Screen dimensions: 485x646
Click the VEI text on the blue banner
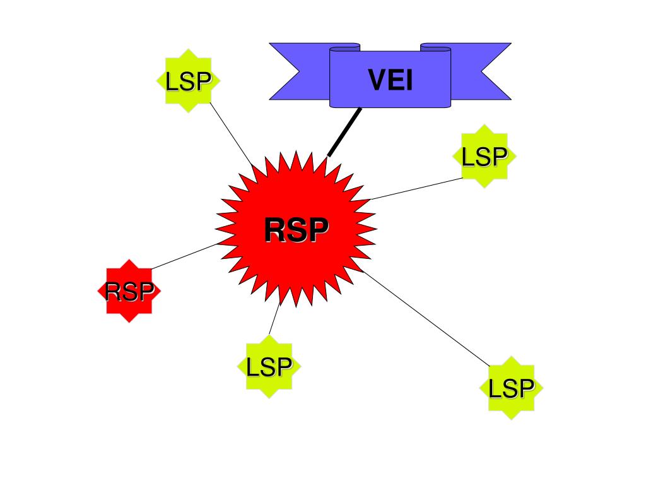click(391, 80)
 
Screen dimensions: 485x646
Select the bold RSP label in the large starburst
click(296, 230)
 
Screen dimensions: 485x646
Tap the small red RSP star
click(129, 291)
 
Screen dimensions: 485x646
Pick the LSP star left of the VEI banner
click(187, 81)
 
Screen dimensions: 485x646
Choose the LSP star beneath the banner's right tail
click(484, 156)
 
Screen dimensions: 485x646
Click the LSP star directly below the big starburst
click(269, 366)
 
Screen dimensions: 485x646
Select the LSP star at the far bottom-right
click(511, 388)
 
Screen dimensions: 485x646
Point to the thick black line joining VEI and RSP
click(344, 132)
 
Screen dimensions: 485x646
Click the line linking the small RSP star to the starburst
click(183, 256)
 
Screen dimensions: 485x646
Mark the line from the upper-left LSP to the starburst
click(232, 135)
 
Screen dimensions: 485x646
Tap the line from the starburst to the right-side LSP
click(416, 189)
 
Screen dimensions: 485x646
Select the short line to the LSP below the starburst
click(274, 321)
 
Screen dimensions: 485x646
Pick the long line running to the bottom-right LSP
click(429, 320)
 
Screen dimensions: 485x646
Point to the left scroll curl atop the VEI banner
click(345, 46)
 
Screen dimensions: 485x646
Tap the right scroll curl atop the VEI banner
click(435, 46)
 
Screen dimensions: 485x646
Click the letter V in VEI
click(376, 80)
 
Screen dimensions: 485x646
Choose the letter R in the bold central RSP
click(275, 230)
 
